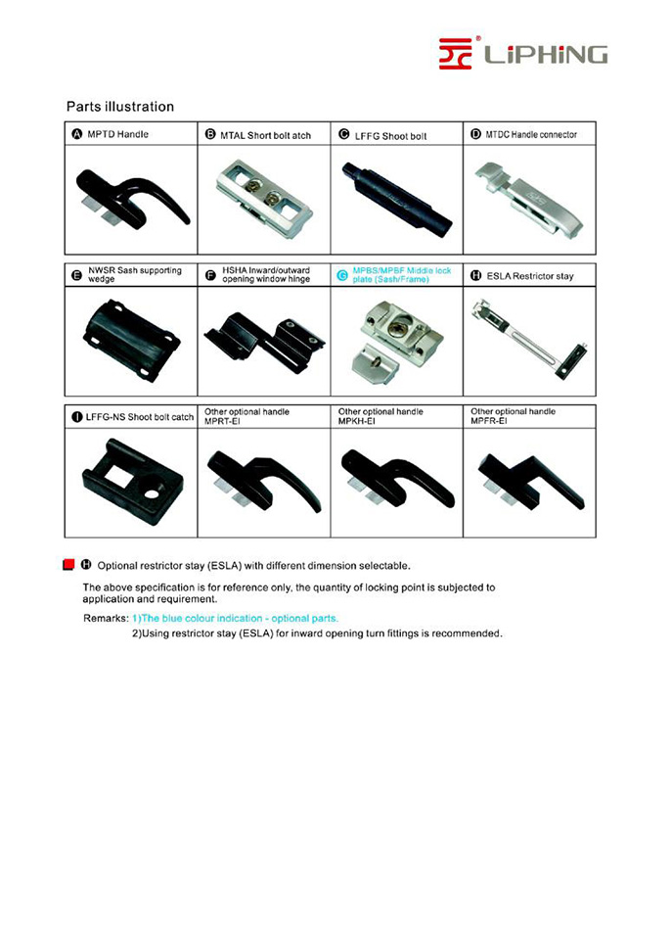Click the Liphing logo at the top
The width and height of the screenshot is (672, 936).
click(x=522, y=52)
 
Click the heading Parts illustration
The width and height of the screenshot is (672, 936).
click(x=119, y=107)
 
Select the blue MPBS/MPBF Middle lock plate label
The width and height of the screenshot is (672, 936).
click(x=401, y=275)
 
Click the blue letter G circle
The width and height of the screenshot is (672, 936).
click(x=342, y=276)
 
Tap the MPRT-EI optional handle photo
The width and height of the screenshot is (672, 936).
click(x=264, y=480)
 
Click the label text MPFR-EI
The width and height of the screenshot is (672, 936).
click(x=490, y=421)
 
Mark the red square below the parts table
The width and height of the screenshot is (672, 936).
click(x=69, y=565)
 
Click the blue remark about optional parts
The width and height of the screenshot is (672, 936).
click(x=235, y=619)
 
